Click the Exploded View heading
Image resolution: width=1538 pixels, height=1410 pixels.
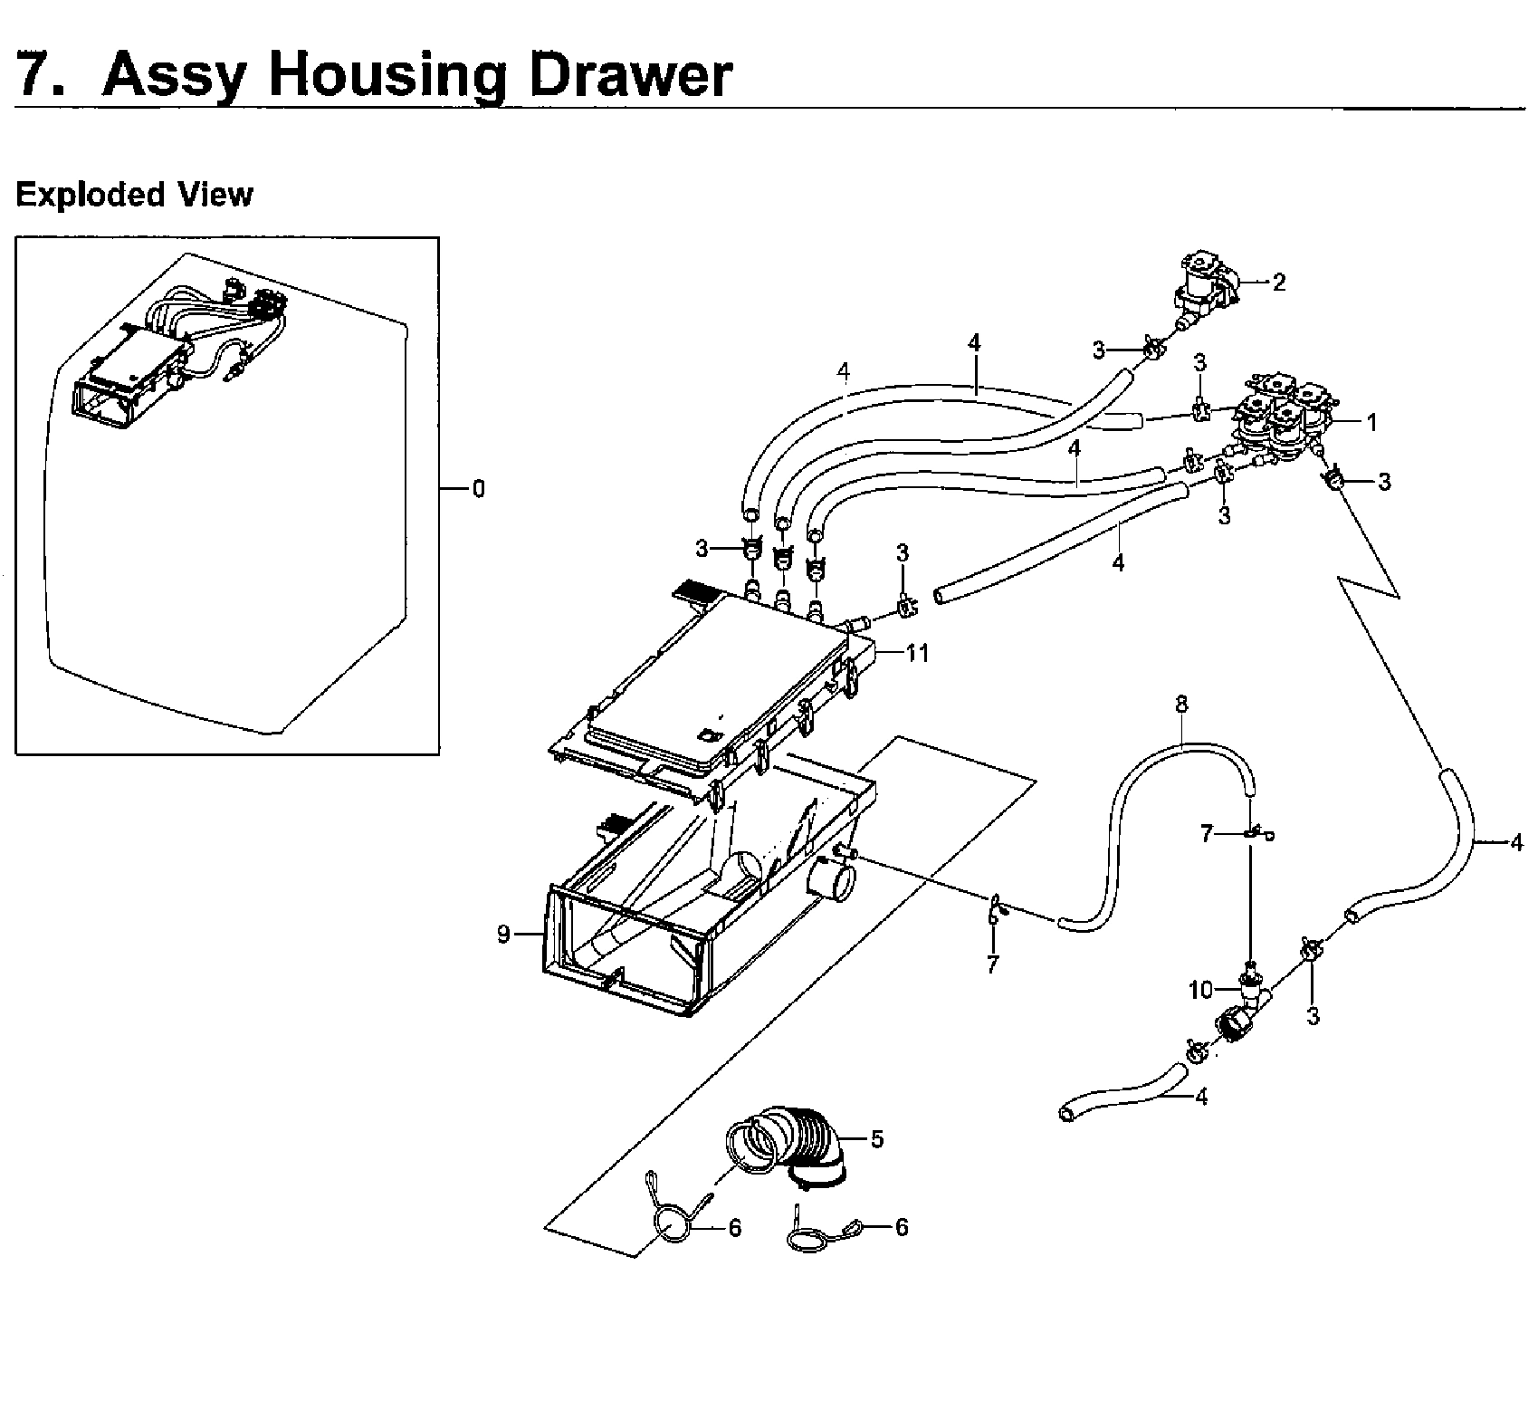[x=134, y=195]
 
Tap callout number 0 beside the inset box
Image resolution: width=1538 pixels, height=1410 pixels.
[x=478, y=489]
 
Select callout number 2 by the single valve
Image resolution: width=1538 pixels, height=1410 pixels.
[x=1278, y=283]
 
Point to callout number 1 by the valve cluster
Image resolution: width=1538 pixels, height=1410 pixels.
[x=1371, y=422]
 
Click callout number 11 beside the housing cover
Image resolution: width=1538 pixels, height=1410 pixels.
[x=917, y=652]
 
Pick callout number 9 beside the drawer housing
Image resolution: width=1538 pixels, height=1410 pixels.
[x=503, y=934]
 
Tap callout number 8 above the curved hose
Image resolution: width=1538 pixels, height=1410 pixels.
[x=1181, y=704]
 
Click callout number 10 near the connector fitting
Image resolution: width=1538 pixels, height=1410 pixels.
[x=1200, y=991]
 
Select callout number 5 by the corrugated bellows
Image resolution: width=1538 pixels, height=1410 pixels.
[x=876, y=1138]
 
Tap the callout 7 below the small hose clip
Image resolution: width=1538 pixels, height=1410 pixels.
[x=992, y=965]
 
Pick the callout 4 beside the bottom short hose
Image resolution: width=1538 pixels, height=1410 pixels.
[x=1200, y=1097]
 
